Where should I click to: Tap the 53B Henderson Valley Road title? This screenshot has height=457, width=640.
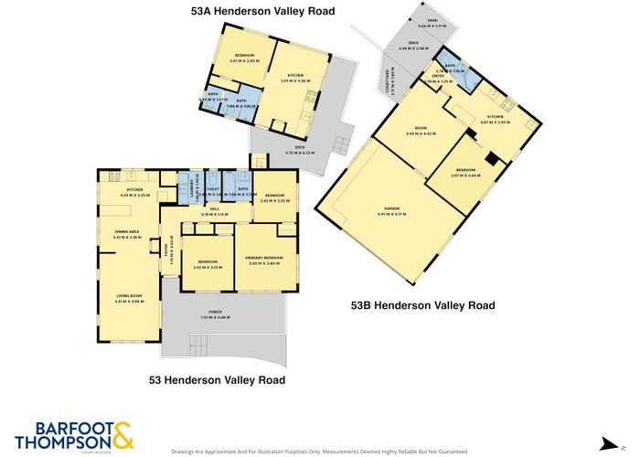pyautogui.click(x=423, y=305)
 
